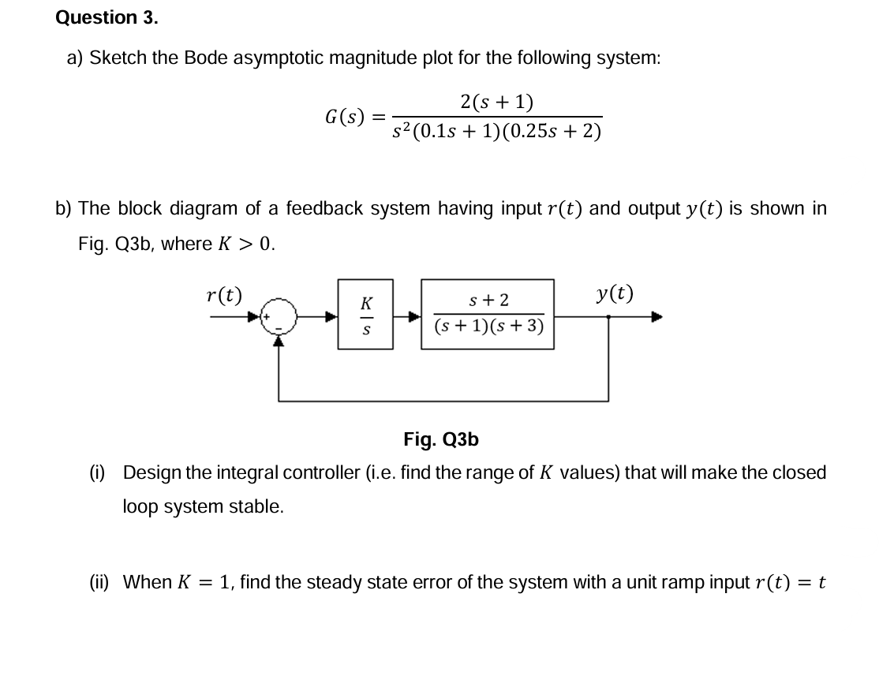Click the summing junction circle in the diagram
click(277, 317)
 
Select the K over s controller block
click(365, 314)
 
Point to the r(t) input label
click(223, 294)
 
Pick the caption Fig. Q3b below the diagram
click(440, 439)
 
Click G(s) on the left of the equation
click(345, 118)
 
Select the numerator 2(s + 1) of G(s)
click(496, 101)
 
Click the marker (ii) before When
click(99, 583)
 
